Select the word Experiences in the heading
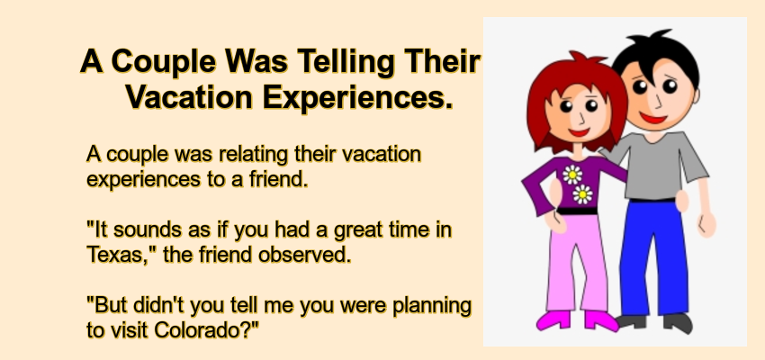click(357, 97)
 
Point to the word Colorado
click(206, 330)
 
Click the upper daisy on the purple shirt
click(572, 175)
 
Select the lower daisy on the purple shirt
click(582, 194)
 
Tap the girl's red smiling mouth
click(579, 132)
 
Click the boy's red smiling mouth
click(653, 118)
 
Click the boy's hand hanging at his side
click(706, 224)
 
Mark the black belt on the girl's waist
click(577, 211)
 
